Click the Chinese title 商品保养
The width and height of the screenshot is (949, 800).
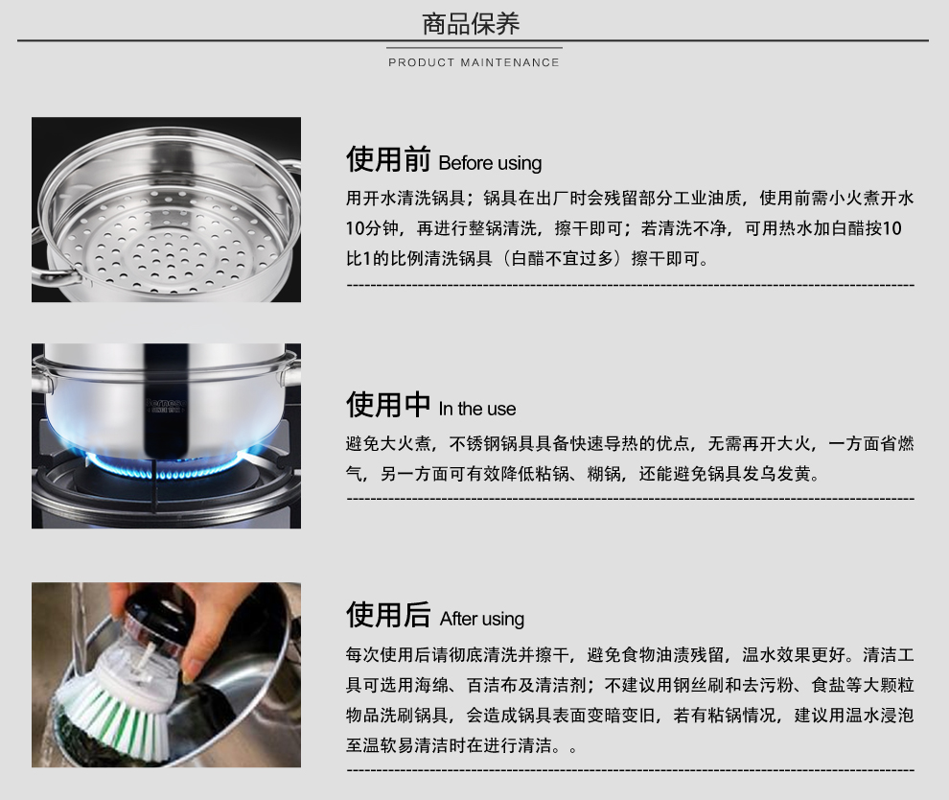coord(471,24)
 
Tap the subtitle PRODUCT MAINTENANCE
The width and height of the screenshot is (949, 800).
coord(474,62)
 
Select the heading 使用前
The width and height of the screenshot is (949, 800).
coord(388,158)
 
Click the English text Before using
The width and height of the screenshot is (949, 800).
coord(490,163)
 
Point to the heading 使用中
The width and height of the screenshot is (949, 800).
coord(388,404)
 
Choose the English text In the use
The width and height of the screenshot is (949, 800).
coord(477,409)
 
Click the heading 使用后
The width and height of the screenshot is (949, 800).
coord(388,614)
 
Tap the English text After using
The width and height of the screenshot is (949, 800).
coord(482,619)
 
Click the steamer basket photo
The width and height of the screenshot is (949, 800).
coord(167,209)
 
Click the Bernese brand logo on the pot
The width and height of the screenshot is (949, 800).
coord(166,405)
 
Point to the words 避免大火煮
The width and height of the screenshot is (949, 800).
coord(388,444)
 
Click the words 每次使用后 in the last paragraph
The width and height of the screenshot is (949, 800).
coord(388,654)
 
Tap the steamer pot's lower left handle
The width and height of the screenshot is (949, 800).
coord(56,275)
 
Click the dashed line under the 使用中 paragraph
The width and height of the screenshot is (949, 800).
coord(630,500)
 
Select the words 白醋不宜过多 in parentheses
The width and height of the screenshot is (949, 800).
coord(563,259)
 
